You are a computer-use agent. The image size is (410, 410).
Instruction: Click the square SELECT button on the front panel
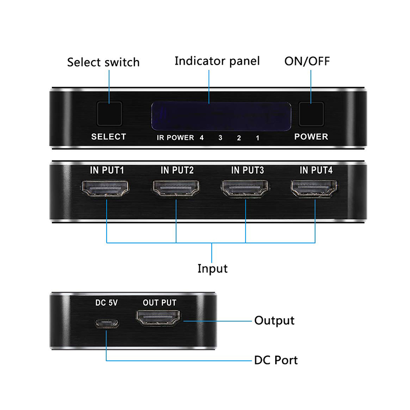coord(110,114)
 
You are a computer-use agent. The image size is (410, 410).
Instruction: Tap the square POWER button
coord(311,114)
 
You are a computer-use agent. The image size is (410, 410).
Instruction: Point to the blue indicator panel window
coord(221,116)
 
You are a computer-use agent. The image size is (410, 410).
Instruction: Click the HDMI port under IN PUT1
coord(105,189)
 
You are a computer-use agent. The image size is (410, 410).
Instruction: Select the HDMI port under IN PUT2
coord(176,189)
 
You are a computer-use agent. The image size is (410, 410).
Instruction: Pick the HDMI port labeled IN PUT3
coord(245,189)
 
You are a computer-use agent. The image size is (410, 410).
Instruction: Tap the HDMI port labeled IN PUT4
coord(314,189)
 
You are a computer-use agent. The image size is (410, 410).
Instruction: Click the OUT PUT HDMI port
coord(158,318)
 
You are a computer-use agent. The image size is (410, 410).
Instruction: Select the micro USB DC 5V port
coord(107,324)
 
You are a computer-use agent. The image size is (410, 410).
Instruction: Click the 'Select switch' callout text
coord(104,62)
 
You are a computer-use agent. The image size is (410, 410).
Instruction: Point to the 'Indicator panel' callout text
coord(217,61)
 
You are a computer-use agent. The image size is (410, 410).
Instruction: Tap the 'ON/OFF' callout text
coord(307,61)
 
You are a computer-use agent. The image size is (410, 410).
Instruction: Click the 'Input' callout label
coord(212,269)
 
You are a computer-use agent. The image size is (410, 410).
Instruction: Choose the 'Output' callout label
coord(274,321)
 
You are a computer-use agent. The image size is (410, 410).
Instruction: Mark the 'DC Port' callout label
coord(276,360)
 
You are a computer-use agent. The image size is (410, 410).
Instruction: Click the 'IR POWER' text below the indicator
coord(175,137)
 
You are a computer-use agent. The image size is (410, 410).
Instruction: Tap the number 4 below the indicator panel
coord(201,137)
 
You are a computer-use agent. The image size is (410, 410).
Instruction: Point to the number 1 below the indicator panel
coord(258,138)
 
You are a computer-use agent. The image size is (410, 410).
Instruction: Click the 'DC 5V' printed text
coord(107,303)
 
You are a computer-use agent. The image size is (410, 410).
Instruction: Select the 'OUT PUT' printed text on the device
coord(159,302)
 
